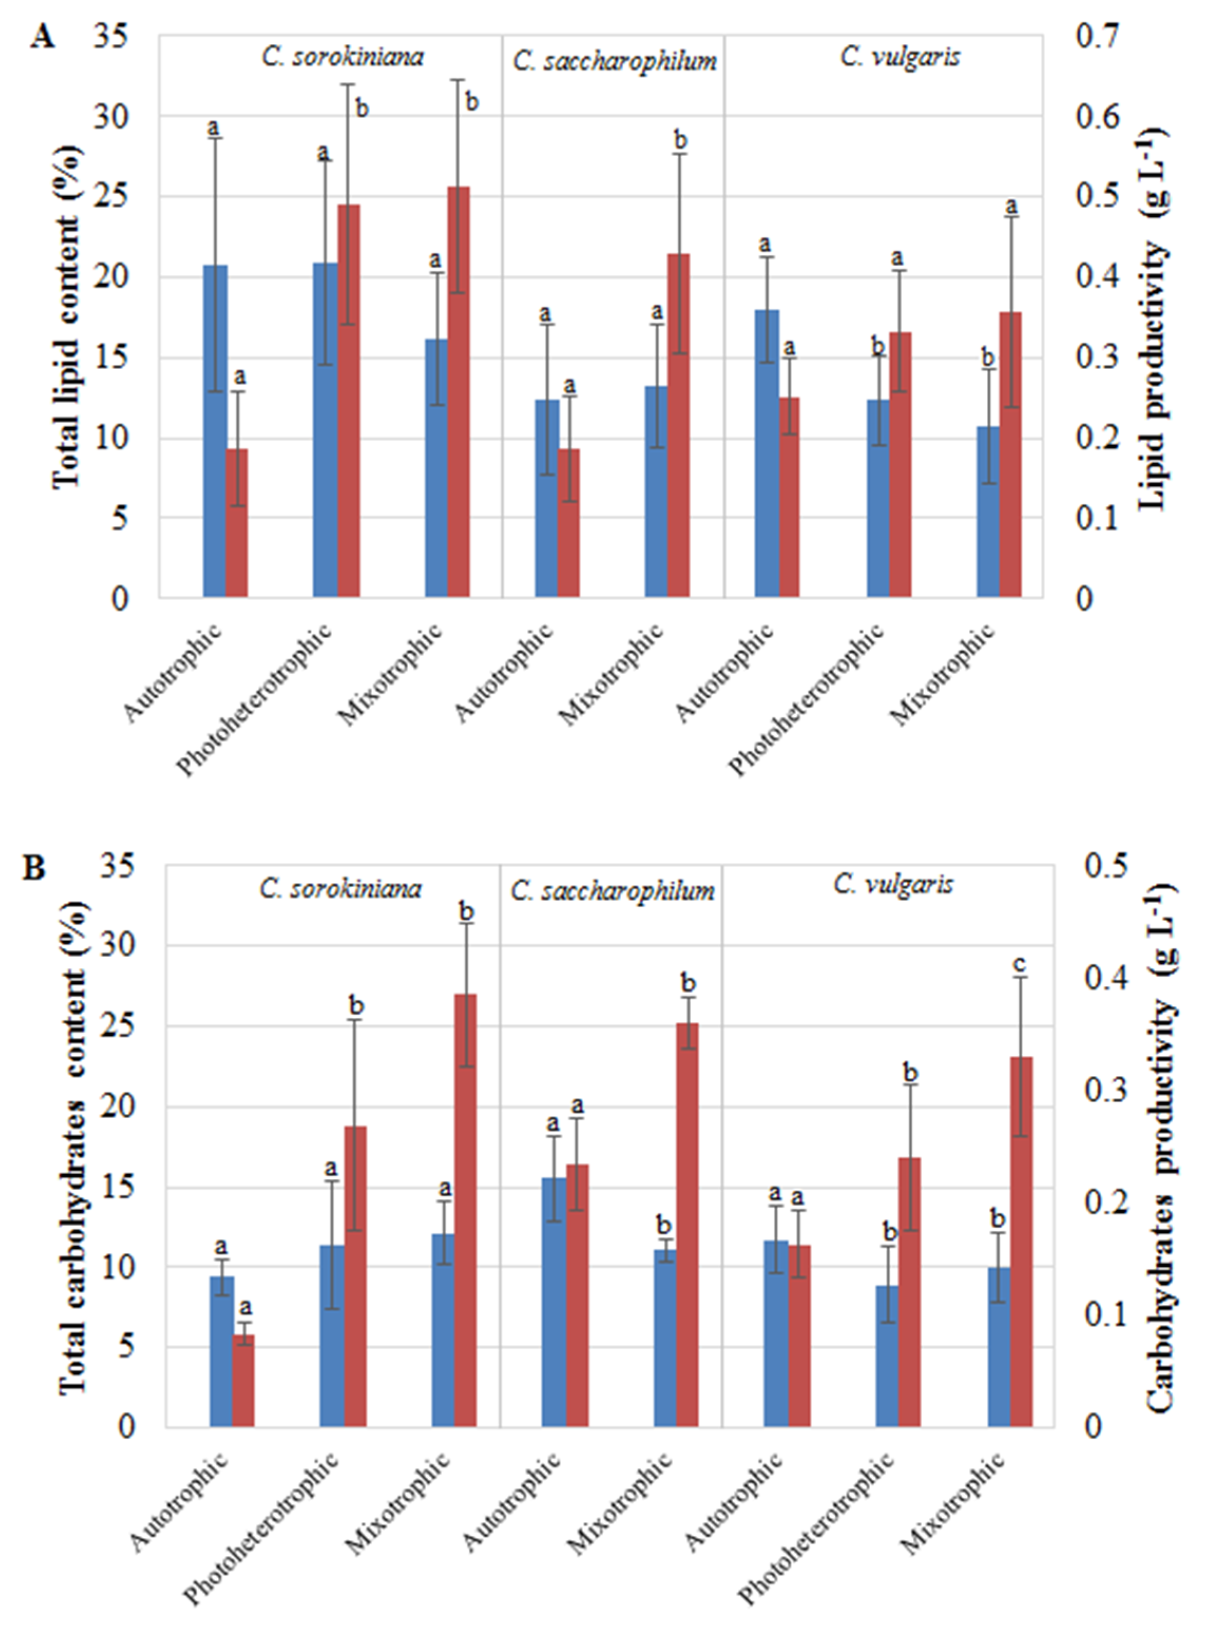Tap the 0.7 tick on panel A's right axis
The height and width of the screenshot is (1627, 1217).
[1096, 35]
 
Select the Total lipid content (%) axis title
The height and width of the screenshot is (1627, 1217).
[66, 316]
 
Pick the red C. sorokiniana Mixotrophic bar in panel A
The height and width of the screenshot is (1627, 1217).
[458, 392]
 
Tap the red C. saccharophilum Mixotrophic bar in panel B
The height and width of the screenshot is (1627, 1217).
[688, 1226]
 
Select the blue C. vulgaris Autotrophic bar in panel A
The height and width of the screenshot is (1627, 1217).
[767, 453]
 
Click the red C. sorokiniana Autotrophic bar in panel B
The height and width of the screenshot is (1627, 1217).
[244, 1381]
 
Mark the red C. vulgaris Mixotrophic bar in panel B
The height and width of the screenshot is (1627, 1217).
[1021, 1243]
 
